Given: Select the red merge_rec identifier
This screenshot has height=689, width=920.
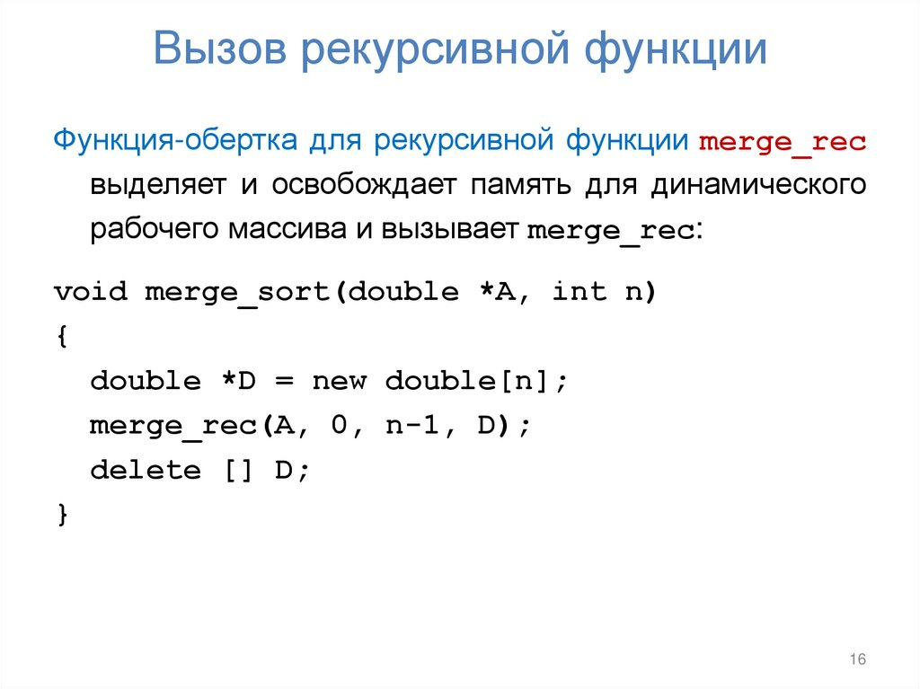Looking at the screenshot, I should [x=782, y=144].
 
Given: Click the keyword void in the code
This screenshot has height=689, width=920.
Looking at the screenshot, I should [x=90, y=292].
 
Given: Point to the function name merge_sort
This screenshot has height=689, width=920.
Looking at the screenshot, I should [x=238, y=293].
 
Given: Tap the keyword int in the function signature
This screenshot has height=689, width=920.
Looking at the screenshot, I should [x=579, y=292].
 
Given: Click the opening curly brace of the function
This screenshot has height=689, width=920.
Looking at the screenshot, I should [x=60, y=337].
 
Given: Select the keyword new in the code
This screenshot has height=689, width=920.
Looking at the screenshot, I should [x=339, y=381].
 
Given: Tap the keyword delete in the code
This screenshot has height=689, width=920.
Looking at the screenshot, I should [x=145, y=470].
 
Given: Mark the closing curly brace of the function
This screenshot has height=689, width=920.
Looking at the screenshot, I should [x=60, y=515].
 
